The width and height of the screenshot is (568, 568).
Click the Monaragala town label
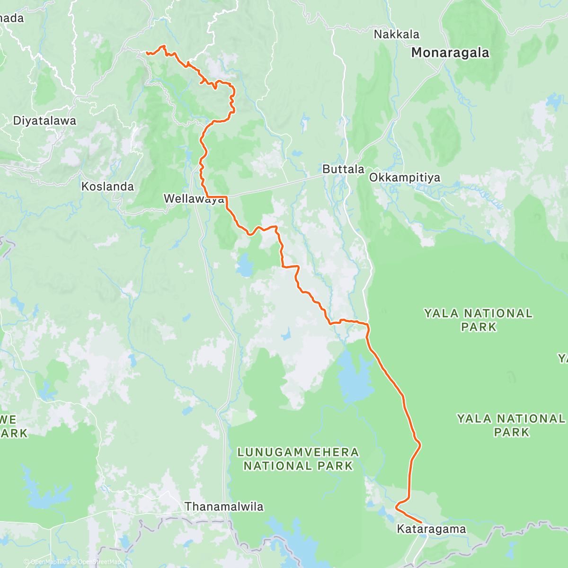[450, 53]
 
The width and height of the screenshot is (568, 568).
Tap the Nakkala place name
[396, 35]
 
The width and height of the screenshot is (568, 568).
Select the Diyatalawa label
[44, 121]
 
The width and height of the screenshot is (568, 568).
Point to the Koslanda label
[107, 186]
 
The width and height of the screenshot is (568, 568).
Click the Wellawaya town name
[194, 199]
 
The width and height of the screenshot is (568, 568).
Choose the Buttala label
[343, 169]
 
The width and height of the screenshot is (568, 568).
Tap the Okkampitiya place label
[404, 178]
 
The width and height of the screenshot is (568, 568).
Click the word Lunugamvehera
[298, 453]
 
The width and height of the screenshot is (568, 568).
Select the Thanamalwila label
[224, 507]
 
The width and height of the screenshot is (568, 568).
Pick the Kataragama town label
[431, 529]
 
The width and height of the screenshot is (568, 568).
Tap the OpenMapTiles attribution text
[50, 562]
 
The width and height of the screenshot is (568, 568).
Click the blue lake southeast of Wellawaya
[245, 266]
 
